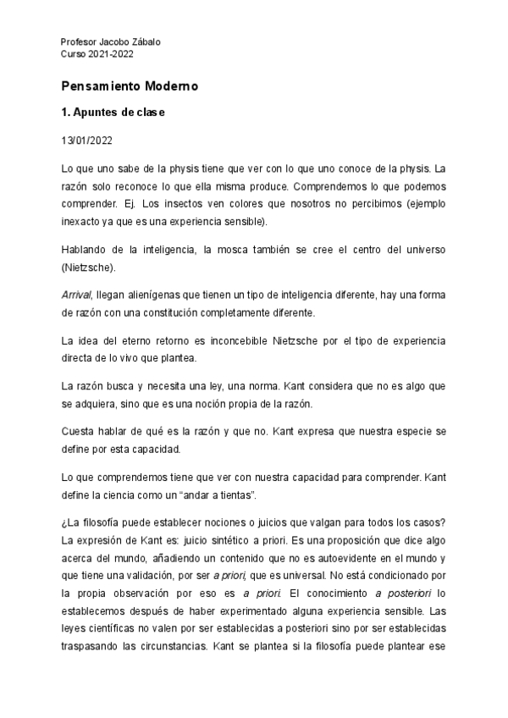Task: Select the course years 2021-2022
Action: point(110,53)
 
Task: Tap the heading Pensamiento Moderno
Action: point(130,86)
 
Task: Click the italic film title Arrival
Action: point(77,294)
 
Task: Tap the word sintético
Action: point(268,540)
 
